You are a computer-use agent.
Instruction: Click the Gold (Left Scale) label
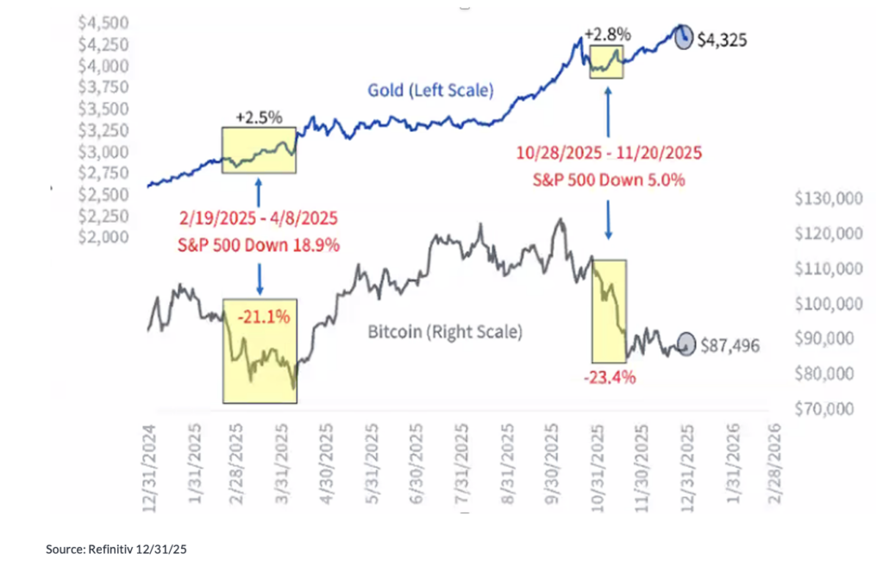pos(430,90)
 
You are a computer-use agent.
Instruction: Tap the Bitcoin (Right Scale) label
pos(445,331)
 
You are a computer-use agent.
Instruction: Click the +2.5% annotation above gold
pos(259,118)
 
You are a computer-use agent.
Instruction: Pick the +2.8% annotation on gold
pos(608,35)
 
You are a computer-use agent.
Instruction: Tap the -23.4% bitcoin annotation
pos(609,377)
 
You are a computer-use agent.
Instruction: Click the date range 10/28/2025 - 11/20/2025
pos(610,154)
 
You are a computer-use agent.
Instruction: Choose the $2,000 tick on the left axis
pos(103,236)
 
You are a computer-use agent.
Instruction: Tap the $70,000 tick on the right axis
pos(830,408)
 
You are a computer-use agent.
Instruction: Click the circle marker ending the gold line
pos(683,37)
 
